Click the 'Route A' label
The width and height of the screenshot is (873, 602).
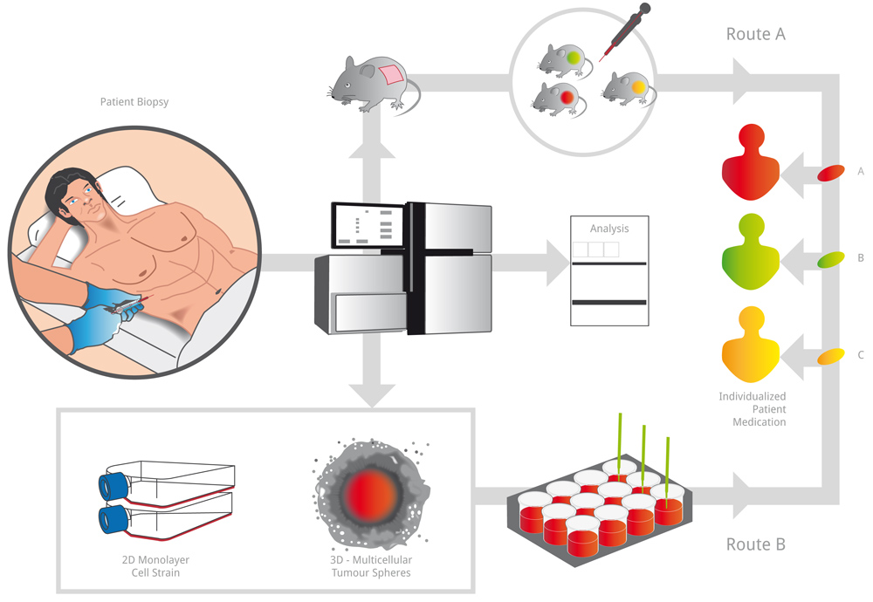click(756, 34)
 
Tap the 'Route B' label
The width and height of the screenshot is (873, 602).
click(756, 544)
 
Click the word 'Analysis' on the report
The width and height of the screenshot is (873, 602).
click(609, 229)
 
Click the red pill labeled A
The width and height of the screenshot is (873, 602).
click(830, 173)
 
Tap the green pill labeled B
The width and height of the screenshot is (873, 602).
click(830, 258)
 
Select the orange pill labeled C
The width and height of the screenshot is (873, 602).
click(830, 355)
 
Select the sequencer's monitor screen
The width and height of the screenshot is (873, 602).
click(368, 226)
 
